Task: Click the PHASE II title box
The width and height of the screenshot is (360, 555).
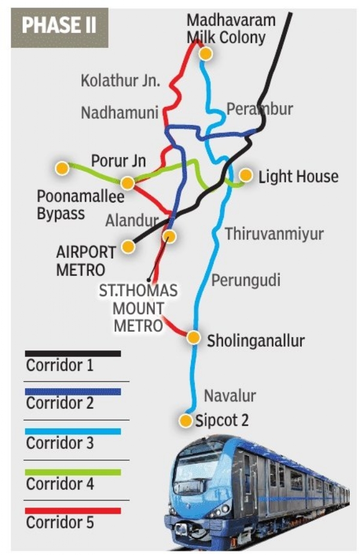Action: (x=59, y=26)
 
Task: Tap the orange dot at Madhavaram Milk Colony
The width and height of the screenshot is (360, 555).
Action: (x=206, y=54)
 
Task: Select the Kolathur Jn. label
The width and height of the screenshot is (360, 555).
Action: (x=120, y=81)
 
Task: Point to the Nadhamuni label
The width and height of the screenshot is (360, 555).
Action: (x=120, y=112)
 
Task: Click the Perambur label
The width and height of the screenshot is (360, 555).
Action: (x=259, y=109)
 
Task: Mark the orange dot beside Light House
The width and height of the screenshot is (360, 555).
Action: (x=245, y=175)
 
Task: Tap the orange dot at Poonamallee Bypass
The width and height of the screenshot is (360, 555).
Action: (x=62, y=169)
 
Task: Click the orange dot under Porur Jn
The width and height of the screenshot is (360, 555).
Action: (x=127, y=183)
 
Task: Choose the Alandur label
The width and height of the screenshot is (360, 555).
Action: (x=132, y=221)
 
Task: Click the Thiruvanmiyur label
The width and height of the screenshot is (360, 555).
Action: (x=274, y=234)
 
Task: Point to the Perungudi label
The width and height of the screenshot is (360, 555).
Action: (x=245, y=280)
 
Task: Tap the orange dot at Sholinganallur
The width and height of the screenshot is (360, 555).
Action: (x=193, y=337)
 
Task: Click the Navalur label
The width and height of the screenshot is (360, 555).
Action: (x=230, y=396)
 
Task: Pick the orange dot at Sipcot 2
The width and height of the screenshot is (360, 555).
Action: (x=187, y=420)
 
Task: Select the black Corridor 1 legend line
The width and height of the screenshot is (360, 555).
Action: (x=73, y=354)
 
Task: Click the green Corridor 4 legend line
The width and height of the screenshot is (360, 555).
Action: (x=73, y=472)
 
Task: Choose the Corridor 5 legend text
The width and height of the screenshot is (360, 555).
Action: (x=60, y=522)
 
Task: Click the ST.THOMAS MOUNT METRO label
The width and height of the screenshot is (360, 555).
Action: (x=138, y=308)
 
